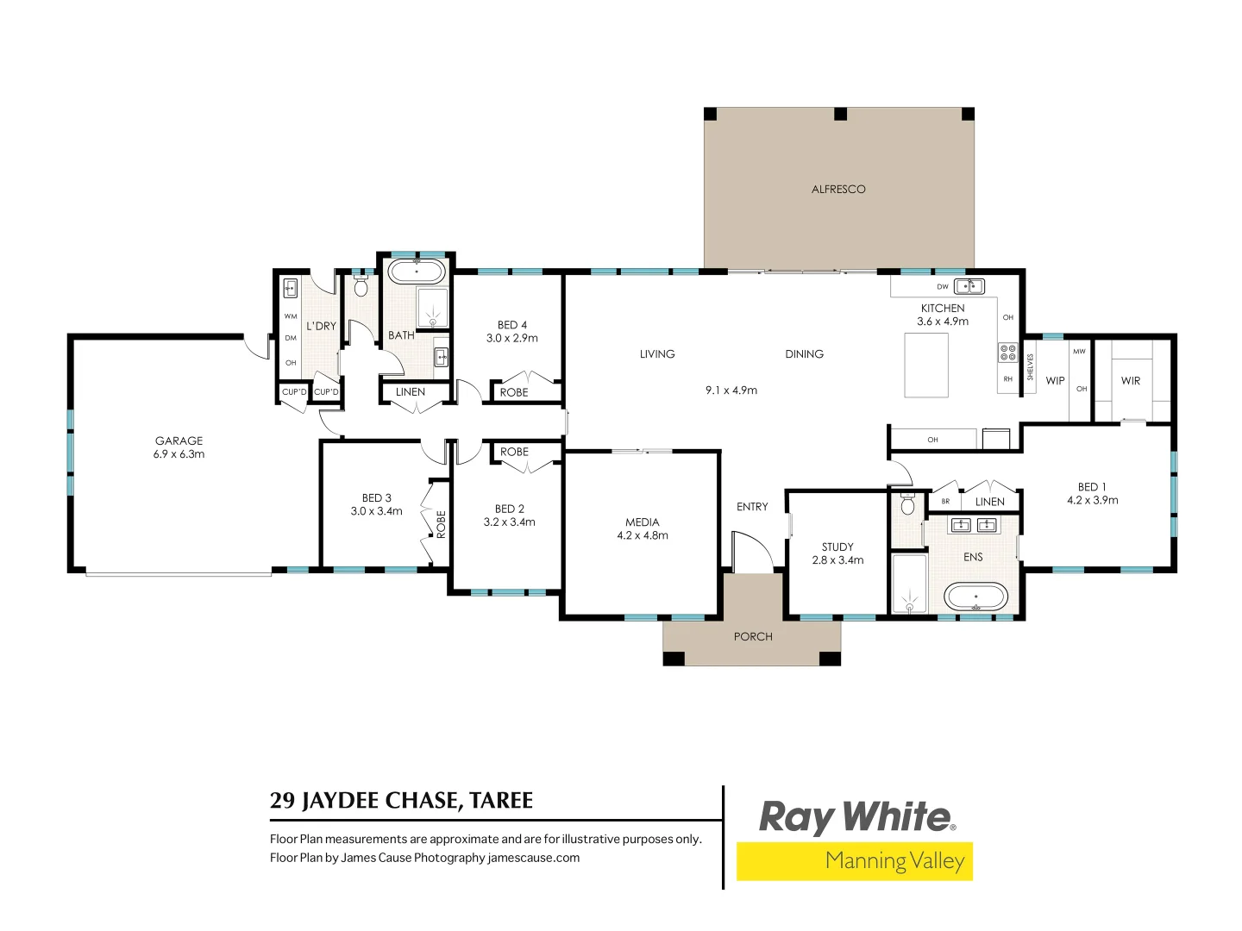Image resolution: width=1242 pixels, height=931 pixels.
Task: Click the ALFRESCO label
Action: (x=838, y=189)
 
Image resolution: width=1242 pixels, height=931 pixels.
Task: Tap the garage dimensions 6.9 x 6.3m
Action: (x=179, y=454)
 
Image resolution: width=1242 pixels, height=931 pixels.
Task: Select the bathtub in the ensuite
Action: (x=975, y=596)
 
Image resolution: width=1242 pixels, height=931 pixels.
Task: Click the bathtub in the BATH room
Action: (x=417, y=272)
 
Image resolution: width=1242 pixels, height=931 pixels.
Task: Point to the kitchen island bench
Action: (x=926, y=365)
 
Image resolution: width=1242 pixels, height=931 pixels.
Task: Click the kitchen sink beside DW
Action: (x=969, y=286)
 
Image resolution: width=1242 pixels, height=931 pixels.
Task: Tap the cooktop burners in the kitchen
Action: (x=1008, y=352)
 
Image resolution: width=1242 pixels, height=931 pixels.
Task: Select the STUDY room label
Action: (x=837, y=547)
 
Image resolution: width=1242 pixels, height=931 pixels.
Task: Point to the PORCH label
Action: (x=753, y=636)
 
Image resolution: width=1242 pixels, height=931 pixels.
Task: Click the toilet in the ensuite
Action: (x=907, y=505)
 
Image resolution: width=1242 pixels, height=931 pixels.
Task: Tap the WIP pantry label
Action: (x=1055, y=380)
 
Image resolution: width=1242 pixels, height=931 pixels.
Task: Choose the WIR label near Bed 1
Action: (x=1130, y=380)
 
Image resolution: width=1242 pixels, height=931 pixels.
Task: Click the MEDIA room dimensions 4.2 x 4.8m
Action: (x=643, y=535)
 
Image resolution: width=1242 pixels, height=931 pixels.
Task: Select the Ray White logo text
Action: (x=855, y=816)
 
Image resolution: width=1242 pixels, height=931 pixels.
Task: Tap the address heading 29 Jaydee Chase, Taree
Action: (x=401, y=801)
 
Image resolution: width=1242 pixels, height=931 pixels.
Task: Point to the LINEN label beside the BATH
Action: (x=411, y=391)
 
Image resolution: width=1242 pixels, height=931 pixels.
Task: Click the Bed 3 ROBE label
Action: (x=441, y=524)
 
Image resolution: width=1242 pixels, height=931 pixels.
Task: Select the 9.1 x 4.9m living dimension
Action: (x=731, y=390)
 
